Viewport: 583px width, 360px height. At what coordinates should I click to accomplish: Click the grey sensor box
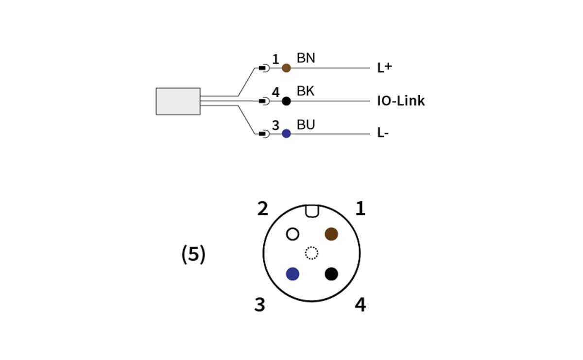pyautogui.click(x=178, y=101)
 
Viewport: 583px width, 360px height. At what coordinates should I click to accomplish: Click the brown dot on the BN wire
pyautogui.click(x=286, y=68)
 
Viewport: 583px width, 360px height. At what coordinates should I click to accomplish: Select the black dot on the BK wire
pyautogui.click(x=286, y=101)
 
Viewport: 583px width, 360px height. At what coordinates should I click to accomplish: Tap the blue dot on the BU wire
pyautogui.click(x=286, y=134)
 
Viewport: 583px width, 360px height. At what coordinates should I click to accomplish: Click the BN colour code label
pyautogui.click(x=306, y=58)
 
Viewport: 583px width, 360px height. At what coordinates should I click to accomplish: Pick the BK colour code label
pyautogui.click(x=306, y=91)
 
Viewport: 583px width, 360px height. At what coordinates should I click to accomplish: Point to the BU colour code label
pyautogui.click(x=306, y=125)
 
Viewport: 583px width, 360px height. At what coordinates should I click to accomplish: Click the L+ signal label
pyautogui.click(x=384, y=68)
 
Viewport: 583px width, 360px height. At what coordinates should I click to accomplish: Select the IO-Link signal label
pyautogui.click(x=401, y=101)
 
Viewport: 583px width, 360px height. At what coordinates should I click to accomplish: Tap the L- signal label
pyautogui.click(x=383, y=133)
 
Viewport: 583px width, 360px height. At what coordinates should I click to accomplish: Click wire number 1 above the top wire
pyautogui.click(x=275, y=60)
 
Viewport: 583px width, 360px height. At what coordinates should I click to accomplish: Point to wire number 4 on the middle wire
pyautogui.click(x=275, y=92)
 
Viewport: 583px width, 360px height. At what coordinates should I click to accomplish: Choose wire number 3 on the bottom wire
pyautogui.click(x=275, y=126)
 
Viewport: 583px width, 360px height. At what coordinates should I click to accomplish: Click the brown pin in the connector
pyautogui.click(x=331, y=234)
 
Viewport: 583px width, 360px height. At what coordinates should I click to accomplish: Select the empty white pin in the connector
pyautogui.click(x=292, y=234)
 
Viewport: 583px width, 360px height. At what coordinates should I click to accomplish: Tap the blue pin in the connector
pyautogui.click(x=292, y=274)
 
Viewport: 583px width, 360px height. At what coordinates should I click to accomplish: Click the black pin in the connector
pyautogui.click(x=331, y=274)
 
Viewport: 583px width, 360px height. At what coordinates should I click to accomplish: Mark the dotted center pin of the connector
pyautogui.click(x=311, y=253)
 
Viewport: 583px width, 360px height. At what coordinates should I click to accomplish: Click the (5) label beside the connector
pyautogui.click(x=193, y=254)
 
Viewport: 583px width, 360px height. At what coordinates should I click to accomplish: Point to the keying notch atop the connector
pyautogui.click(x=312, y=210)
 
